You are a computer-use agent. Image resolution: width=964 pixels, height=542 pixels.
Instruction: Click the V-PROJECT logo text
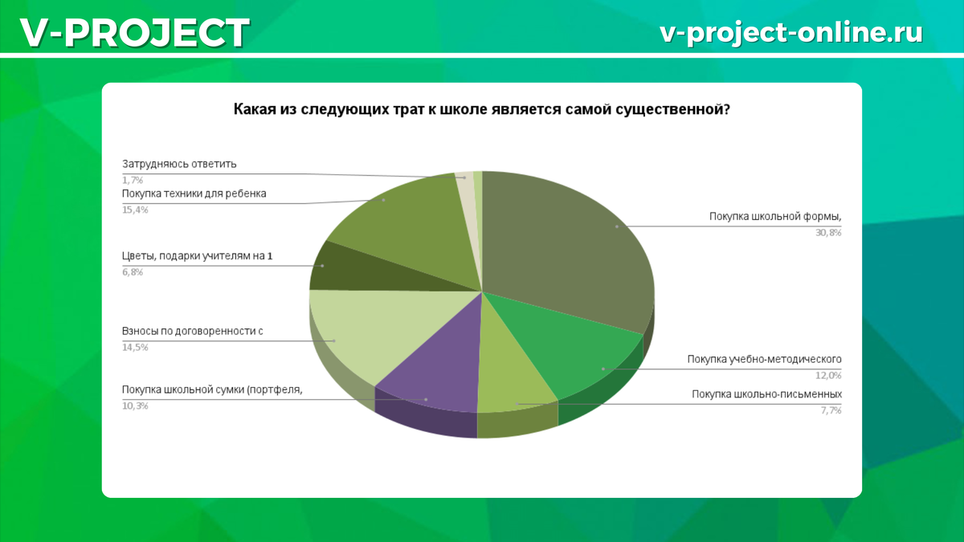(135, 33)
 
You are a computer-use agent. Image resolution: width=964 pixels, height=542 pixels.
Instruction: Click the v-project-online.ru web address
(791, 32)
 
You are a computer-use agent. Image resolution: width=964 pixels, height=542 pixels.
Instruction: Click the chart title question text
(482, 109)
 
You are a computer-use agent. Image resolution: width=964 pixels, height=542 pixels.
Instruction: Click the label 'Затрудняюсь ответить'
(179, 165)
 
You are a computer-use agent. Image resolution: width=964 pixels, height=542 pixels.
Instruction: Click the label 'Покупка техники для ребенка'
(194, 194)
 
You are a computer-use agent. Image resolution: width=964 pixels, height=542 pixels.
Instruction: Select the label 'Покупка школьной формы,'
(775, 217)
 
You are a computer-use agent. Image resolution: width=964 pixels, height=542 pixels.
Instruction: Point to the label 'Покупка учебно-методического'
(764, 359)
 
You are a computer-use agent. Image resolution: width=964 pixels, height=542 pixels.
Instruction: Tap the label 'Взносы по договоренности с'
(192, 331)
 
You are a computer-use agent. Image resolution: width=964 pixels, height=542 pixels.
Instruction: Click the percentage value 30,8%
(828, 233)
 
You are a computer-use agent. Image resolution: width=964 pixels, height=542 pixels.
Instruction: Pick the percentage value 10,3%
(135, 405)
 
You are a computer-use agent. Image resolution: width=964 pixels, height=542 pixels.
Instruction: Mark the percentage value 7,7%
(831, 410)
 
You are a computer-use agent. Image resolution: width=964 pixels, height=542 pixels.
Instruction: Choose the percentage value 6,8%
(133, 272)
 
